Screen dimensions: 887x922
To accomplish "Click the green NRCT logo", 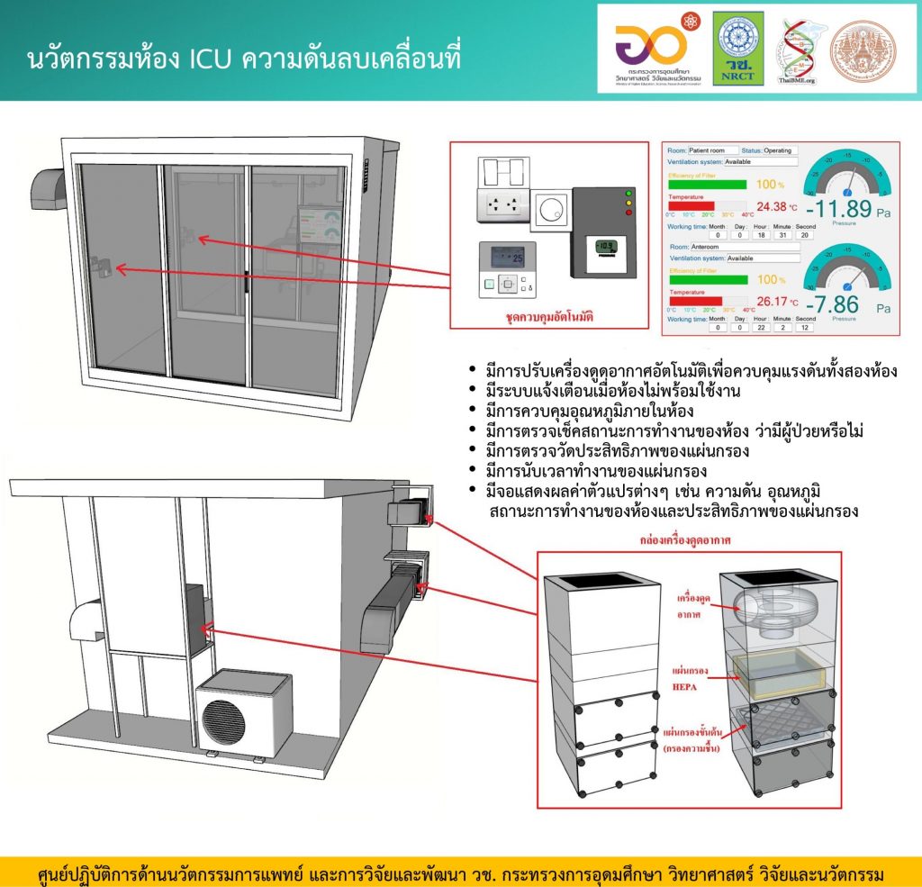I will click(x=738, y=48).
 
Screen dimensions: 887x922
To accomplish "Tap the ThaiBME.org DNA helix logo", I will click(x=796, y=50).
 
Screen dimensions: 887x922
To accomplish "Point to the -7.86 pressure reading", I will click(x=835, y=303).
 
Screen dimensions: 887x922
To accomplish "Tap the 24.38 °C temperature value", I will click(x=769, y=205).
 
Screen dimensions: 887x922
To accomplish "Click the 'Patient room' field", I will click(x=712, y=150).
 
